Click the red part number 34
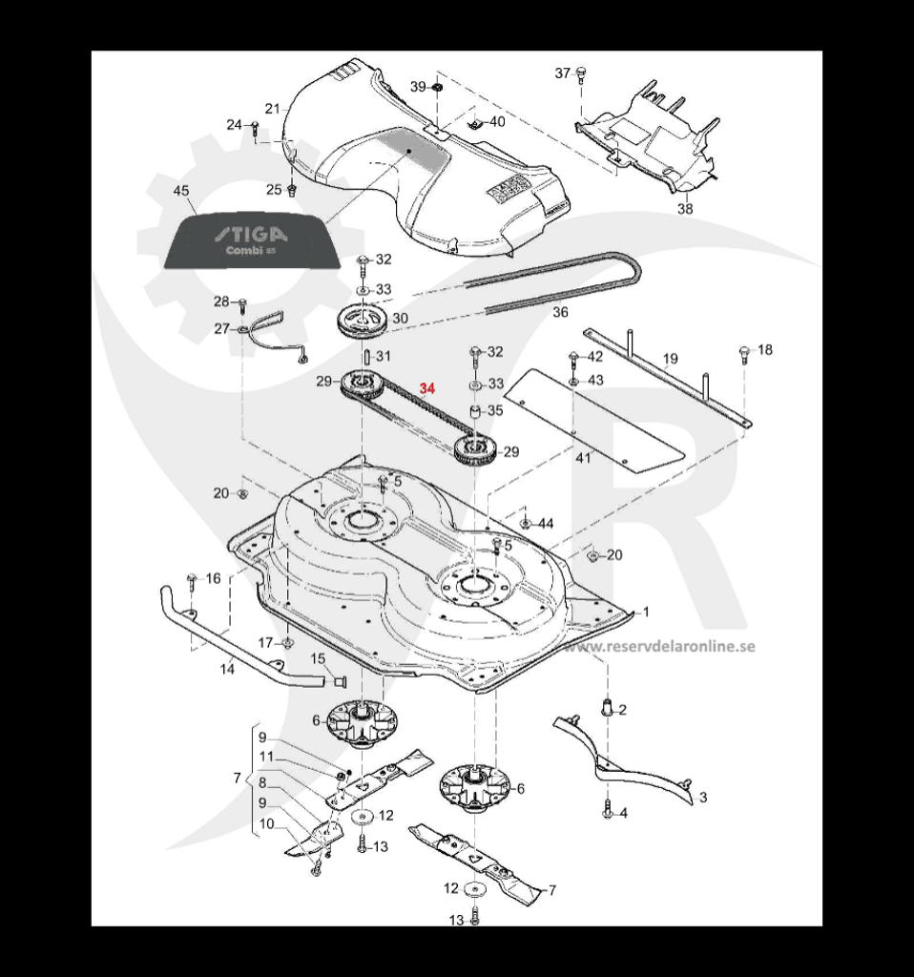pos(427,389)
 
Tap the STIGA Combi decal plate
pos(251,243)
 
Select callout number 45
pos(180,191)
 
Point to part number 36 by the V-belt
pos(560,312)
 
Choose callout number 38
pos(685,209)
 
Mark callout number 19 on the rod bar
pos(670,359)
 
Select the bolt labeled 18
pos(743,353)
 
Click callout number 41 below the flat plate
pos(583,458)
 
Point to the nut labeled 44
pos(526,524)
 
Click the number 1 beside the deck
pos(646,611)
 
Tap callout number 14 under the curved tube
pos(227,669)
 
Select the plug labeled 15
pos(338,680)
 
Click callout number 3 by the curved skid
pos(703,797)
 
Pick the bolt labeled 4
pos(608,812)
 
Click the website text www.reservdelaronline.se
pos(658,646)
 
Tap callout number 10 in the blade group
pos(266,823)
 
